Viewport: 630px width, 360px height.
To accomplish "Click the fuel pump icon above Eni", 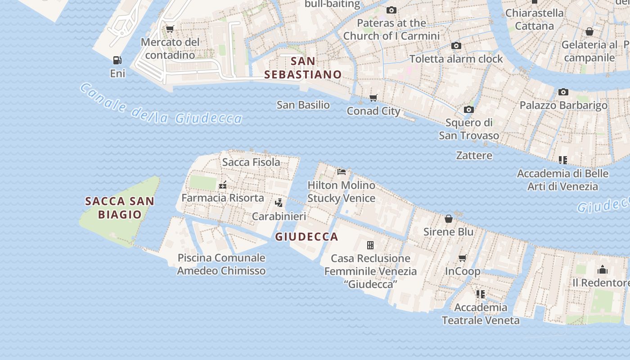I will tap(117, 60).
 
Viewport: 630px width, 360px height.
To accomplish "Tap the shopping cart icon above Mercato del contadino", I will tap(170, 29).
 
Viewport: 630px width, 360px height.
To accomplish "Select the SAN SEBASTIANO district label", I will tap(303, 67).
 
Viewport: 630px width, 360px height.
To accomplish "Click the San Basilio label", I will tap(303, 105).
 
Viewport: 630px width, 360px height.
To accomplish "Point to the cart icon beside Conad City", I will tap(373, 98).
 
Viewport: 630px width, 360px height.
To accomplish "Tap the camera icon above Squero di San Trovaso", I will tap(468, 109).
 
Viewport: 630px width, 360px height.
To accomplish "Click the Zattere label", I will tap(474, 156).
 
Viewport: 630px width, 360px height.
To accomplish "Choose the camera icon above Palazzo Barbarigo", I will tap(563, 92).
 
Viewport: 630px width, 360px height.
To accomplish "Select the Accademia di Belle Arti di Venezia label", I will tap(562, 180).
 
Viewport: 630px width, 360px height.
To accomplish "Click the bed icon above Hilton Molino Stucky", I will tap(342, 171).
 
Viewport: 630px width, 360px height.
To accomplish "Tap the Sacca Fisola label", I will tap(251, 162).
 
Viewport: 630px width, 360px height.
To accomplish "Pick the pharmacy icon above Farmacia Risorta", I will tap(222, 184).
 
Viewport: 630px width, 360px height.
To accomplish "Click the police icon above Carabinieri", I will tap(279, 202).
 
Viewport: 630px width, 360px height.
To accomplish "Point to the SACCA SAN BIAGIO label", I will tap(120, 208).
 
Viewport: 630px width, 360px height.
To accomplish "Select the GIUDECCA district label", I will tap(306, 237).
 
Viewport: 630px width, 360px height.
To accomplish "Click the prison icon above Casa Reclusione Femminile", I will tap(370, 245).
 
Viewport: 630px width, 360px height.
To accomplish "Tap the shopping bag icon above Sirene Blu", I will tap(448, 219).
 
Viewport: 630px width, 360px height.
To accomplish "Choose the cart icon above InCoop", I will tap(462, 258).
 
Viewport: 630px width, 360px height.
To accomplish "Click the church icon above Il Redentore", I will tap(602, 270).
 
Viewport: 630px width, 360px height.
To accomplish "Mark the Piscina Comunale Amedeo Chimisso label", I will tap(221, 264).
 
